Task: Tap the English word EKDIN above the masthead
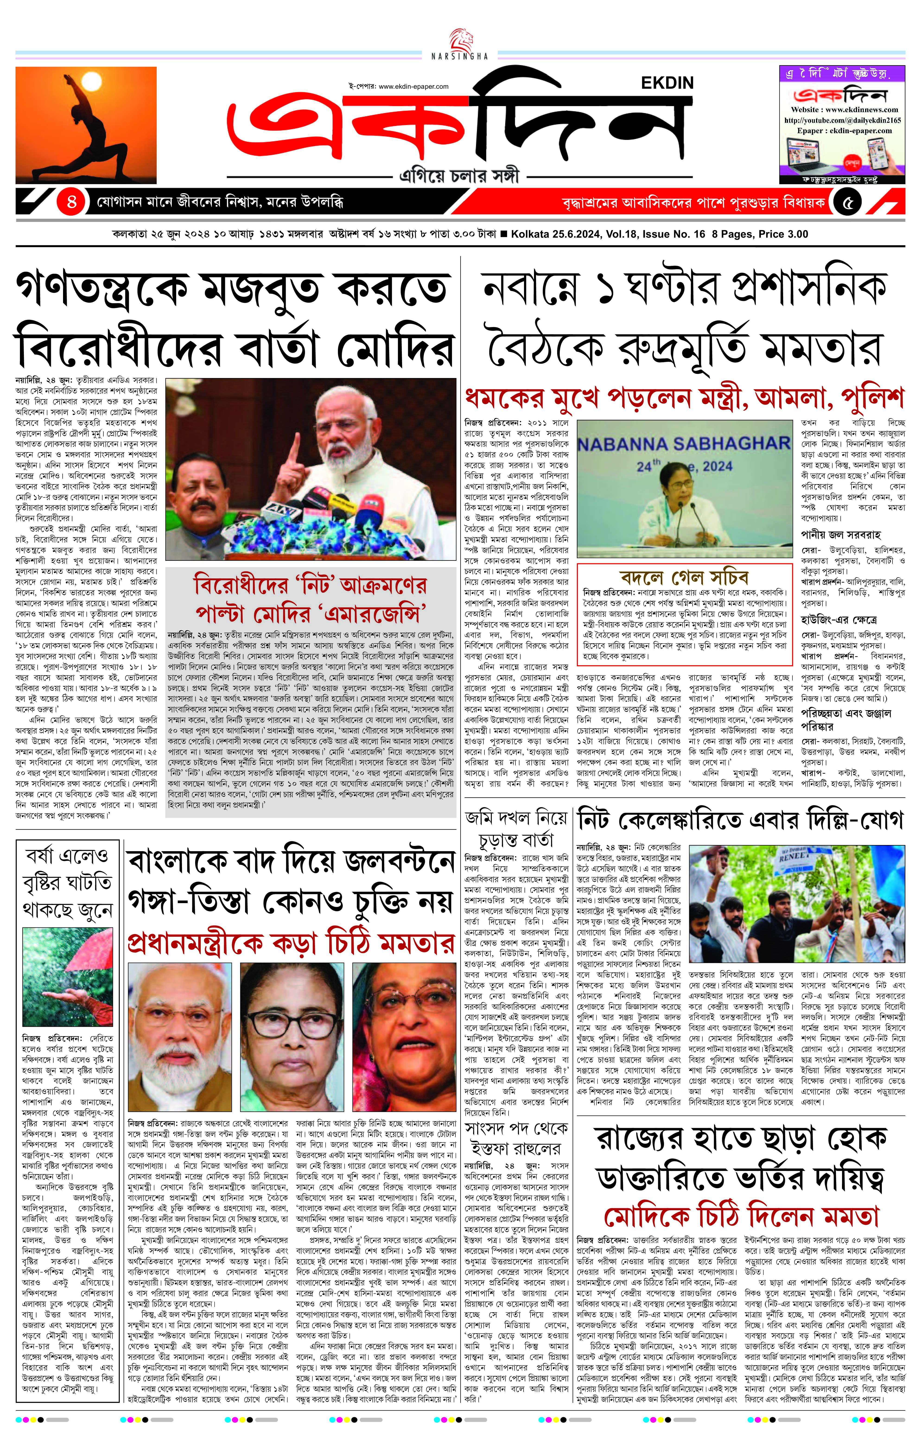point(667,83)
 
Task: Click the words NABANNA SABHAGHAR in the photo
point(684,444)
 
